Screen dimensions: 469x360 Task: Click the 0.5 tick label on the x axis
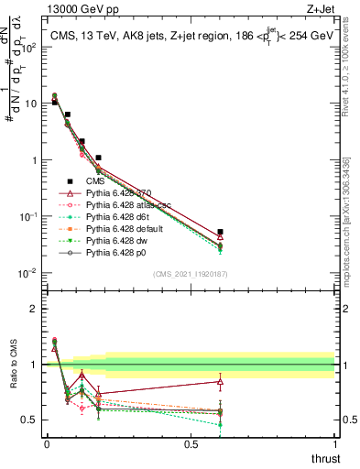click(191, 443)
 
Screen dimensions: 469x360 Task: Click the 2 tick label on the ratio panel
click(34, 309)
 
